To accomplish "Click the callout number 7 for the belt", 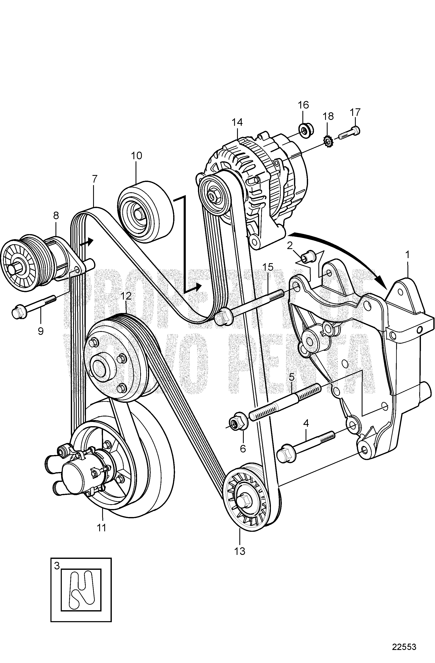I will [94, 179].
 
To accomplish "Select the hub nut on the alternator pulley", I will [212, 195].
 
